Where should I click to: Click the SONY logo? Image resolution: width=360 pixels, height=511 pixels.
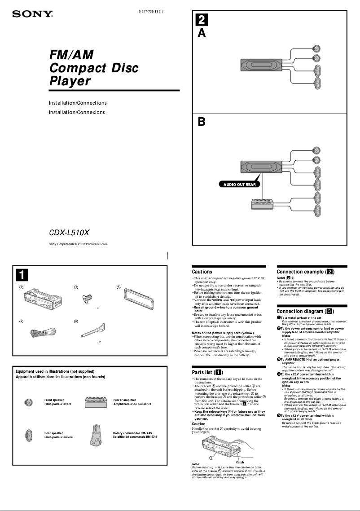pyautogui.click(x=32, y=14)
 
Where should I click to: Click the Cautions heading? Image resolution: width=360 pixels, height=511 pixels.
pyautogui.click(x=202, y=272)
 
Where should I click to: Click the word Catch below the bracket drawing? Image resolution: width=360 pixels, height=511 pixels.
pyautogui.click(x=240, y=462)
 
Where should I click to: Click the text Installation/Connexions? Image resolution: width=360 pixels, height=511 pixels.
pyautogui.click(x=77, y=112)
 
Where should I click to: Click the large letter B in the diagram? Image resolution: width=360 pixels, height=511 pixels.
pyautogui.click(x=202, y=122)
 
